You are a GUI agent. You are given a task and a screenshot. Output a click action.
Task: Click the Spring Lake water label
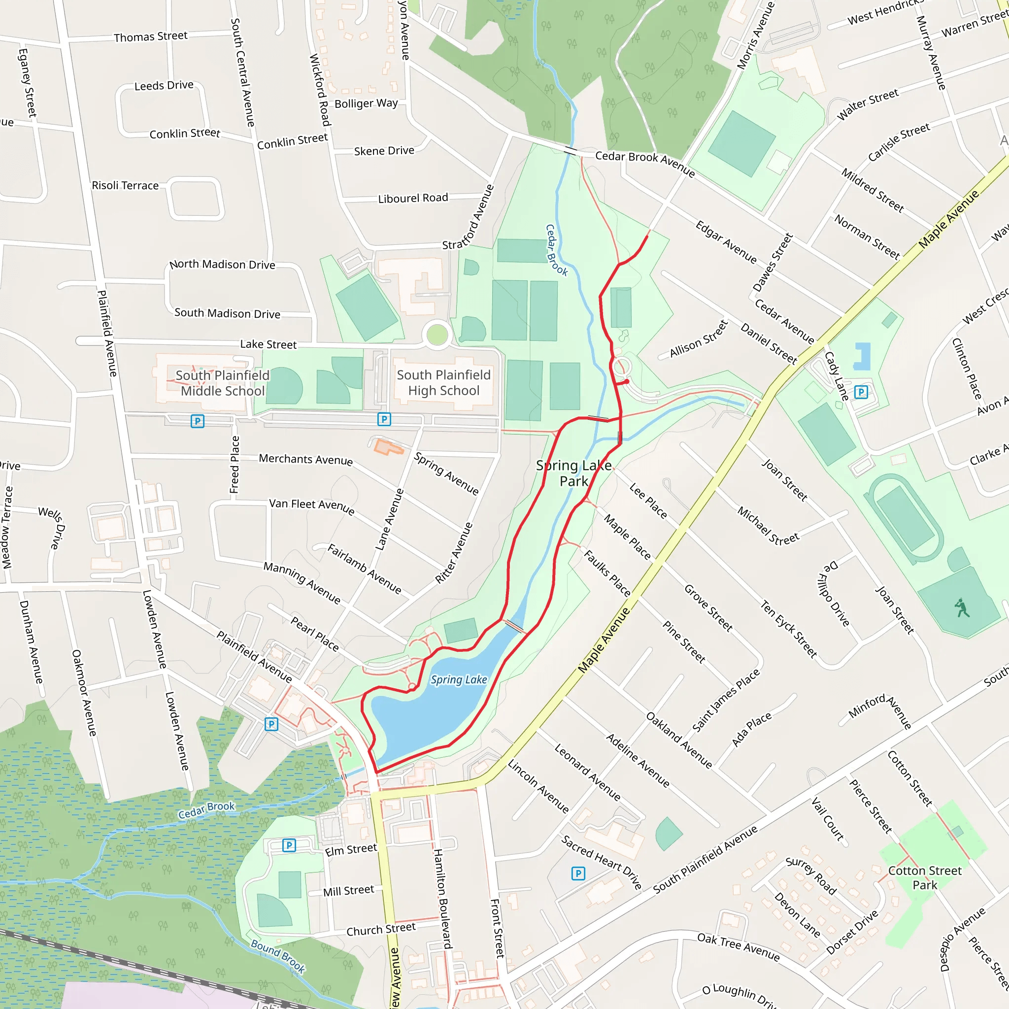[x=459, y=679]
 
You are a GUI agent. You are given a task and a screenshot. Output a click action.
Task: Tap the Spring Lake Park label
[x=573, y=473]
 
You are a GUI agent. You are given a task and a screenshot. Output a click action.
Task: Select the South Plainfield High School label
[x=443, y=383]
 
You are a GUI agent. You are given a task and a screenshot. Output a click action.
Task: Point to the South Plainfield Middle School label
[x=223, y=383]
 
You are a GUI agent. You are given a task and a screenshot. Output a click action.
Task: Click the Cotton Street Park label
[x=924, y=877]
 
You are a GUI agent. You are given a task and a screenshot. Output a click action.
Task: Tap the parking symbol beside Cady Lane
[x=861, y=392]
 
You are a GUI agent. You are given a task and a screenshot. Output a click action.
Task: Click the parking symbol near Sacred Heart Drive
[x=578, y=873]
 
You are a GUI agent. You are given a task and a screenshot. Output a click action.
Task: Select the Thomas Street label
[x=150, y=36]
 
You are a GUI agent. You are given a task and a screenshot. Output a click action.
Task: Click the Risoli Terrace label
[x=125, y=185]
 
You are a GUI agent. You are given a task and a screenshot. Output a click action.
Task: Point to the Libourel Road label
[x=413, y=198]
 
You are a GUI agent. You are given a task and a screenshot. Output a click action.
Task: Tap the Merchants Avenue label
[x=305, y=459]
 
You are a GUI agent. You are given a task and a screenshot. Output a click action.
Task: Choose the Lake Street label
[x=269, y=344]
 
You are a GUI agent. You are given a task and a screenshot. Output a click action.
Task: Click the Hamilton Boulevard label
[x=442, y=898]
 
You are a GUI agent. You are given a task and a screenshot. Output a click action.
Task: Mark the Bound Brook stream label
[x=278, y=955]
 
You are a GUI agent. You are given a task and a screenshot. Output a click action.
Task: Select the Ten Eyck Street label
[x=788, y=629]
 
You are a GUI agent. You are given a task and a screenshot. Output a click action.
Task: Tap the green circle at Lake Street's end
[x=437, y=334]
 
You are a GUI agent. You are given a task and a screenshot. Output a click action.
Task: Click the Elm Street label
[x=350, y=850]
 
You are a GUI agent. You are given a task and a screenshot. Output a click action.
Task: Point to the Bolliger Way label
[x=366, y=103]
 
